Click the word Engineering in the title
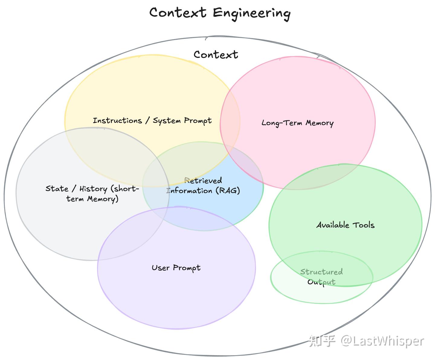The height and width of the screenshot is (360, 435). point(252,13)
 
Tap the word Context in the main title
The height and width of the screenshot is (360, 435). point(178,13)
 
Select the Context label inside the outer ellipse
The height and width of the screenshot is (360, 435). point(216,55)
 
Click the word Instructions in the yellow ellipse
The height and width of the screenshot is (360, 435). point(117,121)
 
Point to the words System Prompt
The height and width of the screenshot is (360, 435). point(182,121)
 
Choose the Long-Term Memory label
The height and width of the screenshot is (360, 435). point(297,123)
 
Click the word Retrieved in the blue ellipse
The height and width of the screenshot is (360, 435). point(203,181)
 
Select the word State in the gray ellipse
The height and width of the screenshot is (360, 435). point(57,189)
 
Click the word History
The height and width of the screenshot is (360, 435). point(93,189)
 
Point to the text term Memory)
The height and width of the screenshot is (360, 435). point(92,199)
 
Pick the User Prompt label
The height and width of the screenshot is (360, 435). point(176,268)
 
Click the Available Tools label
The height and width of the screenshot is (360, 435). point(345,225)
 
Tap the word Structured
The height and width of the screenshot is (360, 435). point(321,272)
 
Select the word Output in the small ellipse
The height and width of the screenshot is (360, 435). point(321,282)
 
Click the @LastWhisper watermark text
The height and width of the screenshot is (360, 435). point(382,341)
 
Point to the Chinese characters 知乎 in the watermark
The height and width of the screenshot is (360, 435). point(322,341)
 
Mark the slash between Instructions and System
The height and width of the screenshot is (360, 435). point(147,121)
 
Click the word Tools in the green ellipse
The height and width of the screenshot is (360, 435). point(363,225)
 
